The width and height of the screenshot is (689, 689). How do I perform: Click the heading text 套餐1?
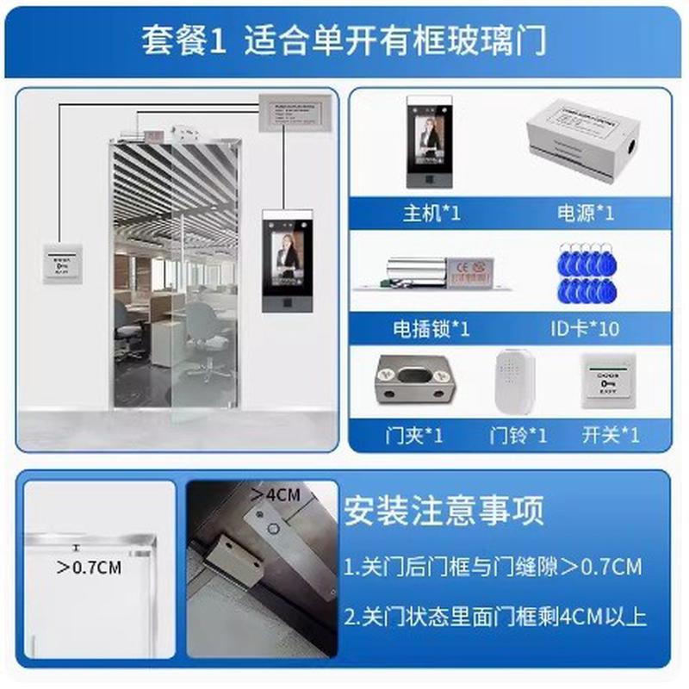coord(183,40)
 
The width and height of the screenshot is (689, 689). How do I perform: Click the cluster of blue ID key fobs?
coord(585,274)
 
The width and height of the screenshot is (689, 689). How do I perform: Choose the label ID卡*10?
coord(584,328)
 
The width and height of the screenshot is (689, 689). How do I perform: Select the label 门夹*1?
coord(413,435)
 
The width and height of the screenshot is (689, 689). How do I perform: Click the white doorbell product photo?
coord(516,384)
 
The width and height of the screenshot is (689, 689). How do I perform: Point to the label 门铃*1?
coord(518,435)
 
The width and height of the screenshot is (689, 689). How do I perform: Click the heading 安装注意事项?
coord(444,512)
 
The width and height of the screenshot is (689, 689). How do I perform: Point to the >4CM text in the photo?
coord(275,495)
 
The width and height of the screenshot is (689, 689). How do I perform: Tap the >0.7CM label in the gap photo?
coord(89,568)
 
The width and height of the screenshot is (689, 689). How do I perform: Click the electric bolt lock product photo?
coord(427,273)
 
